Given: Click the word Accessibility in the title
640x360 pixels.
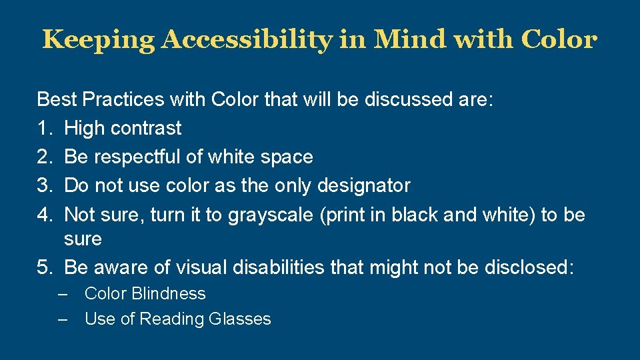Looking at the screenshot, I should pyautogui.click(x=246, y=40).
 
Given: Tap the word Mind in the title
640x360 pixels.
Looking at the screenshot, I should pyautogui.click(x=411, y=40).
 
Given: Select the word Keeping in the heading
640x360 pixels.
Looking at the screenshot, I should pyautogui.click(x=98, y=40).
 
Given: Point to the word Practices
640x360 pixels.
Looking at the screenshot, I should pyautogui.click(x=123, y=100).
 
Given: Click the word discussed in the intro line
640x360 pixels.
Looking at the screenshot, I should pyautogui.click(x=407, y=100).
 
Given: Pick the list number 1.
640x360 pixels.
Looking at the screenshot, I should pyautogui.click(x=43, y=128).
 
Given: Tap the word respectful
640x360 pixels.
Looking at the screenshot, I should pyautogui.click(x=137, y=157).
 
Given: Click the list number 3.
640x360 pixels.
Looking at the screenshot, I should pyautogui.click(x=43, y=185).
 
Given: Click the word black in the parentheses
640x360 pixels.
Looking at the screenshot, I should pyautogui.click(x=413, y=215).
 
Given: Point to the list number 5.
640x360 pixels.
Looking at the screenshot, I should pyautogui.click(x=43, y=267).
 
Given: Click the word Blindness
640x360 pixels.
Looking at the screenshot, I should pyautogui.click(x=169, y=293).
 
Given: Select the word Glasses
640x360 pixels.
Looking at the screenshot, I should pyautogui.click(x=240, y=319).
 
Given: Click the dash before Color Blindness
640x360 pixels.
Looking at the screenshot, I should pyautogui.click(x=63, y=293).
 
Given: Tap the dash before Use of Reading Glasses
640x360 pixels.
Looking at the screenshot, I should pyautogui.click(x=63, y=319).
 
